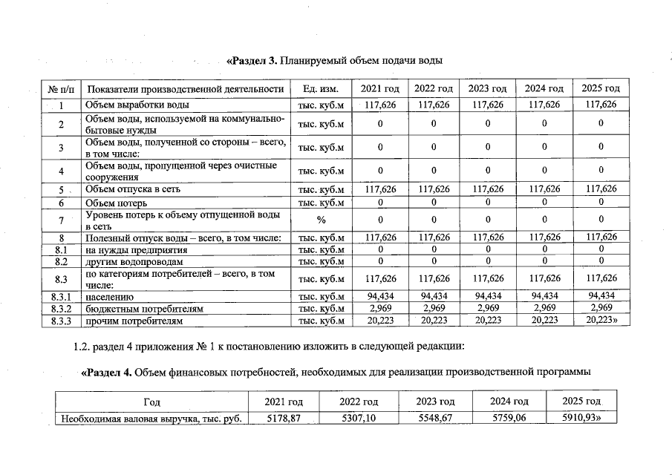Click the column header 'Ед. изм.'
pyautogui.click(x=321, y=89)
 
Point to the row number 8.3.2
pyautogui.click(x=63, y=308)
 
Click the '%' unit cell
pyautogui.click(x=321, y=220)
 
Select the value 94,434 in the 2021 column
pyautogui.click(x=380, y=296)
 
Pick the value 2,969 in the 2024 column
pyautogui.click(x=544, y=308)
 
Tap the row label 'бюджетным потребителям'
pyautogui.click(x=145, y=308)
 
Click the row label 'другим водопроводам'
pyautogui.click(x=134, y=261)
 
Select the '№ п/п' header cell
pyautogui.click(x=63, y=89)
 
